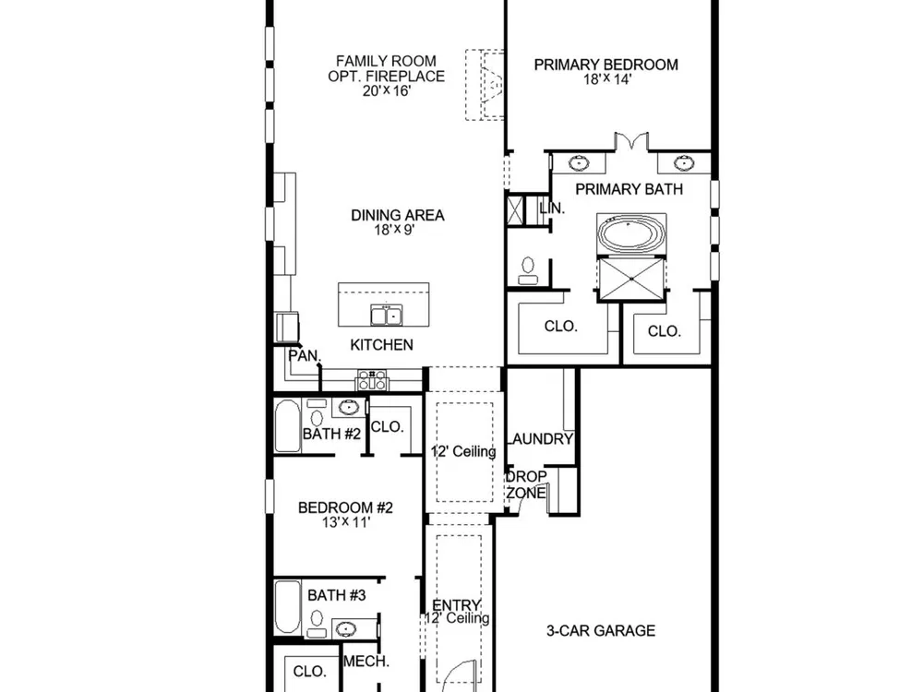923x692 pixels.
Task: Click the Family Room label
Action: pos(386,61)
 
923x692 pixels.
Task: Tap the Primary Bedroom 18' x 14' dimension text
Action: pos(607,78)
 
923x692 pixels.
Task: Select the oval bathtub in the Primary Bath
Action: pos(631,233)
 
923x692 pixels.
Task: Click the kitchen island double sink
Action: pos(386,315)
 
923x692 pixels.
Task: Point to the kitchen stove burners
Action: pos(372,379)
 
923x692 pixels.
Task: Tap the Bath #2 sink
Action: pos(349,407)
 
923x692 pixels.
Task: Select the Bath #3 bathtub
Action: pos(288,607)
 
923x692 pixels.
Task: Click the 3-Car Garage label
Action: pos(601,631)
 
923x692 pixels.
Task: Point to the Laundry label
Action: pos(540,439)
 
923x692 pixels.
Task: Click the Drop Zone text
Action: pos(526,484)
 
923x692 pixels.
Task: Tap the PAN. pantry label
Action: pos(305,356)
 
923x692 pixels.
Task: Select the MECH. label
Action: pos(366,662)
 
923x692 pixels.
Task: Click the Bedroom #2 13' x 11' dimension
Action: pos(346,522)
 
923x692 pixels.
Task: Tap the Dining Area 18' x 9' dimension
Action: pos(395,230)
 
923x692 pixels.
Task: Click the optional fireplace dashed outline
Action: pos(485,85)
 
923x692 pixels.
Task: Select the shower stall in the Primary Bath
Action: pos(631,279)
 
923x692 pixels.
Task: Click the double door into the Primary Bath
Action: pos(631,142)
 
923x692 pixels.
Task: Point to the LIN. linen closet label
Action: pos(552,208)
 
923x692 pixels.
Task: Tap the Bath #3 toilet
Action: pos(317,623)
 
